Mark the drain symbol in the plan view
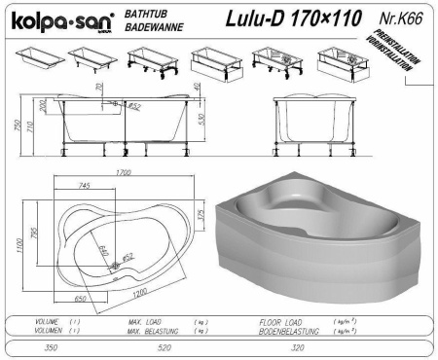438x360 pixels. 117,266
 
